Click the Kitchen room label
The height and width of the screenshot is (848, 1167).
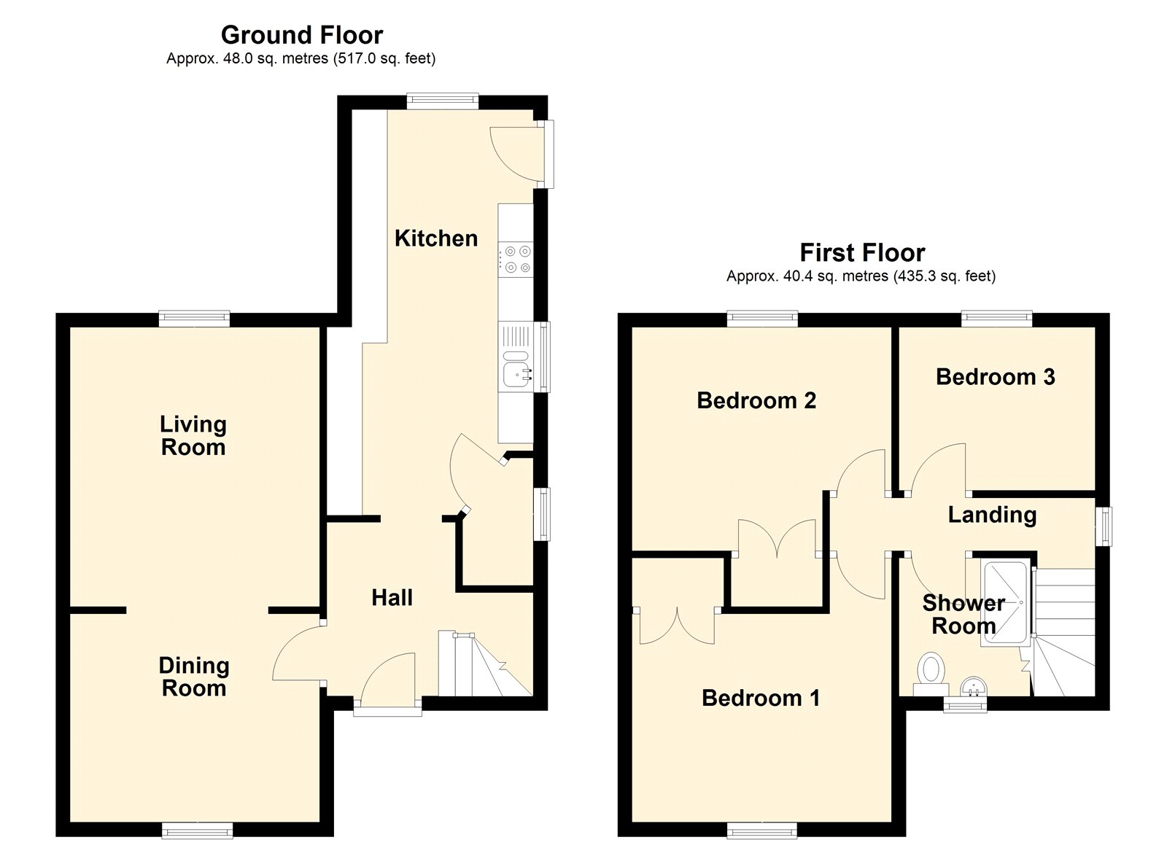pyautogui.click(x=435, y=238)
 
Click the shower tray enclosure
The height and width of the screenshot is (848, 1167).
pyautogui.click(x=1004, y=603)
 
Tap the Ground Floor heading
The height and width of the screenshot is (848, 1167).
pyautogui.click(x=302, y=36)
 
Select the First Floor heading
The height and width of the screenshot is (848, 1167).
pyautogui.click(x=862, y=253)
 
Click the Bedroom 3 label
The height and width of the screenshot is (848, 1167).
pyautogui.click(x=995, y=376)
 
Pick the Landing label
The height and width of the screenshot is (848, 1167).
pyautogui.click(x=993, y=515)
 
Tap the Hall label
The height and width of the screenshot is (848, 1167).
pyautogui.click(x=392, y=597)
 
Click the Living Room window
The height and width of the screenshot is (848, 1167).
pyautogui.click(x=194, y=318)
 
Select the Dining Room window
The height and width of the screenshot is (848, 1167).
pyautogui.click(x=197, y=831)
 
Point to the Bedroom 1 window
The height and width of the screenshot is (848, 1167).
pyautogui.click(x=761, y=831)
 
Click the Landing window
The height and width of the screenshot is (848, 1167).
pyautogui.click(x=1104, y=526)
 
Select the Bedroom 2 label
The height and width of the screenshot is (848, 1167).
pyautogui.click(x=756, y=400)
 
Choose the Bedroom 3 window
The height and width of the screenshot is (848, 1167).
pyautogui.click(x=996, y=318)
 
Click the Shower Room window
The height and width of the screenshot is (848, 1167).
pyautogui.click(x=966, y=705)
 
